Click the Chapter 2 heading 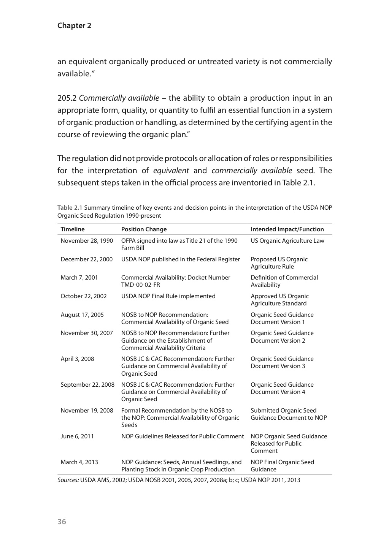pos(74,26)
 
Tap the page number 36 pos(62,522)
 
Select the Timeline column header pos(73,229)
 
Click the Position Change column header pos(144,229)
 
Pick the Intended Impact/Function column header pos(287,229)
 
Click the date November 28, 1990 pos(87,240)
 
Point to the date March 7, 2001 pos(79,277)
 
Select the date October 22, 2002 pos(84,296)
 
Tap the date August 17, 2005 pos(82,315)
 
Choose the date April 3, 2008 pos(77,359)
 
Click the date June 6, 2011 pos(77,436)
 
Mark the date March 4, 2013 pos(79,462)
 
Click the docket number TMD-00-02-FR pos(138,285)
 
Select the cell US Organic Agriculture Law pos(287,240)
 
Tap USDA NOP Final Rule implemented pos(168,296)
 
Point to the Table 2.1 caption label pos(70,208)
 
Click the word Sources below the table pos(68,480)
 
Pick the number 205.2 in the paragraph pos(67,98)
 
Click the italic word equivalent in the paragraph pos(171,171)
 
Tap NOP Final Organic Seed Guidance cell pos(282,466)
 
